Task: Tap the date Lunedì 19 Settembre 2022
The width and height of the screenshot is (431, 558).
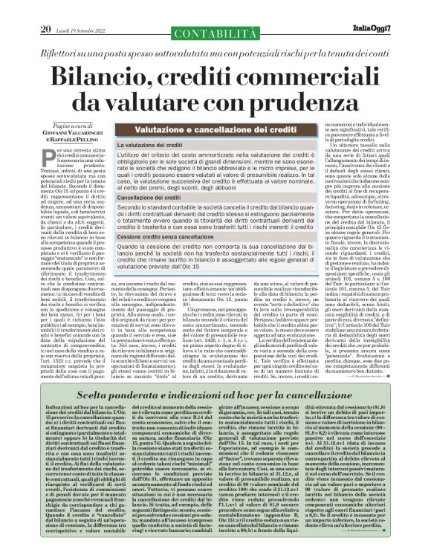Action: click(80, 8)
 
